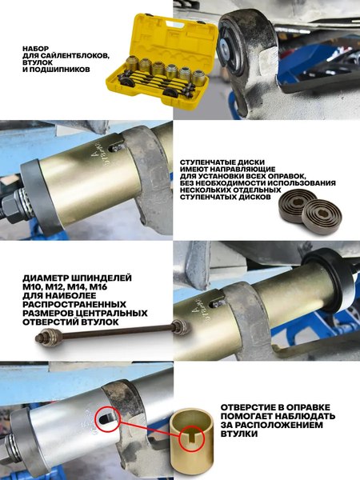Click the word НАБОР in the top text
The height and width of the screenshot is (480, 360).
click(x=35, y=47)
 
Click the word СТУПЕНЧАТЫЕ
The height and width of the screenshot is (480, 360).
click(x=210, y=160)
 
